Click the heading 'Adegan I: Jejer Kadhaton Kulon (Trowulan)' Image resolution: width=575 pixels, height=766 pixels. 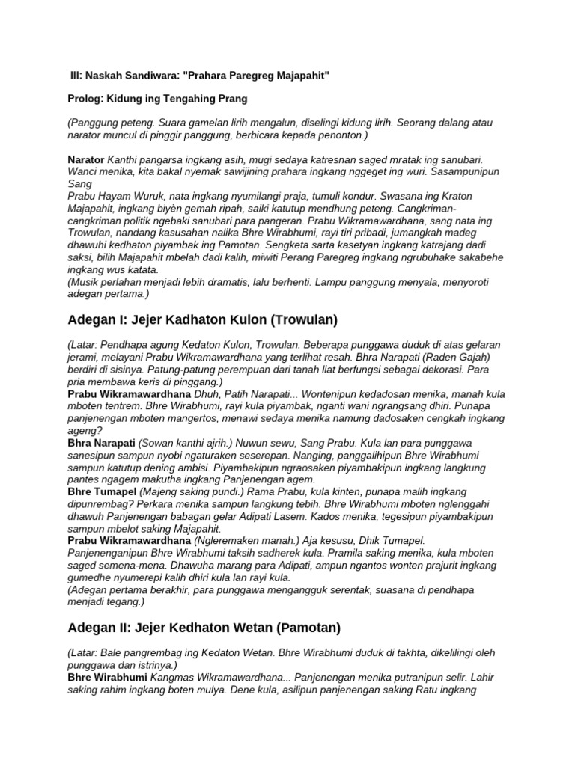202,319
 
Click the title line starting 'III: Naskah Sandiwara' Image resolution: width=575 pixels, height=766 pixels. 199,76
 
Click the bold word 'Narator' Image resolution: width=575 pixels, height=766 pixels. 86,159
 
